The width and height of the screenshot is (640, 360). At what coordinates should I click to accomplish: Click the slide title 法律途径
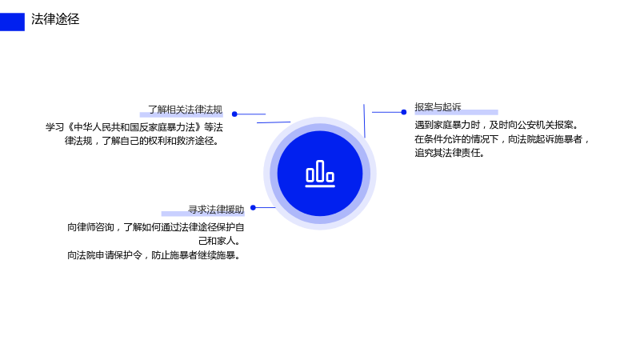pos(55,19)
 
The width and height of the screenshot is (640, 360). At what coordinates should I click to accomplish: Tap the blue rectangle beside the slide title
pos(12,22)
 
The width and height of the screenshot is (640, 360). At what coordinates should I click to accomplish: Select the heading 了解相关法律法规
pos(185,110)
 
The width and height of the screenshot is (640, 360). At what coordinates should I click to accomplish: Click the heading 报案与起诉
pos(438,107)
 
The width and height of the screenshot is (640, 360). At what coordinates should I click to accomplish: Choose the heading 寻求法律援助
pos(216,210)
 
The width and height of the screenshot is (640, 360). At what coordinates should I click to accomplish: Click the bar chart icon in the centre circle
pos(320,174)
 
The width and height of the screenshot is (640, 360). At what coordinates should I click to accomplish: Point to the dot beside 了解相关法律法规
pos(234,114)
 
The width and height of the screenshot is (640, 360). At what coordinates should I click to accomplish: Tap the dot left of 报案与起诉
pos(404,112)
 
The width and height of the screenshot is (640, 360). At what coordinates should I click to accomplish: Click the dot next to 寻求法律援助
pos(253,208)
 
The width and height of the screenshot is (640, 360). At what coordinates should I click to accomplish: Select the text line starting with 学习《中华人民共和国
pos(134,127)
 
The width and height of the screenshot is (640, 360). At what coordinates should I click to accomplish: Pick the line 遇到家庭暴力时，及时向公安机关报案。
pos(497,125)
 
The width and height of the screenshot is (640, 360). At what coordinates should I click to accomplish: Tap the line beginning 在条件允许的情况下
pos(502,139)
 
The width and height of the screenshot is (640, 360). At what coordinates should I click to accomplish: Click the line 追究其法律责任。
pos(450,153)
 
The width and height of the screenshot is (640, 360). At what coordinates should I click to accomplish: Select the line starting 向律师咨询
pos(155,227)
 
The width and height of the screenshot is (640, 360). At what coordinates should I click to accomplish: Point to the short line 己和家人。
pos(220,241)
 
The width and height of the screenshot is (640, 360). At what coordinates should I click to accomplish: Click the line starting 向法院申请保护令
pos(154,255)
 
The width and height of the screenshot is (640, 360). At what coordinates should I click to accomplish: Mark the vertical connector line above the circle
pos(364,121)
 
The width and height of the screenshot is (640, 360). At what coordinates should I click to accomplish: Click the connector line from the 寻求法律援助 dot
pos(266,208)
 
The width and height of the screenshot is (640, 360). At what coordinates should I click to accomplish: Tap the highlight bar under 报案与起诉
pos(456,112)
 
